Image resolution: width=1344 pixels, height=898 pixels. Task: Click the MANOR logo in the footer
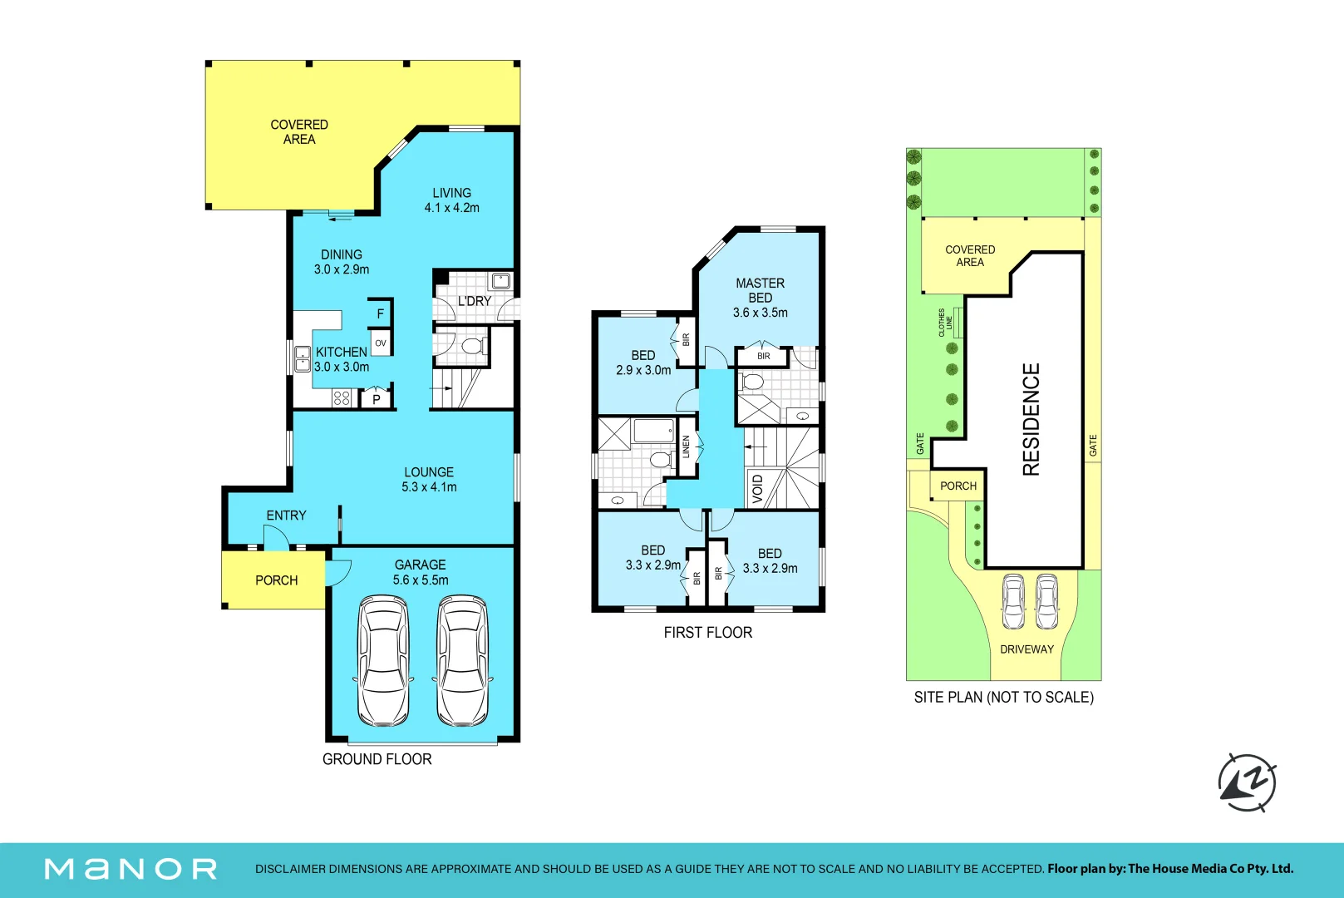tap(130, 869)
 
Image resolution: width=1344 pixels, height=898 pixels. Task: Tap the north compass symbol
tap(1247, 782)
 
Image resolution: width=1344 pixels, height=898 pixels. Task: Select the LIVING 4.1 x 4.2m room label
tap(452, 200)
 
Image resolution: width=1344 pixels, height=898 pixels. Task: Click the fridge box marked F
tap(381, 313)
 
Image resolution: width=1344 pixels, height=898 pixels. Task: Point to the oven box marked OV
tap(381, 343)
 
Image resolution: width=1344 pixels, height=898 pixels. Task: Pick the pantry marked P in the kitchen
tap(377, 398)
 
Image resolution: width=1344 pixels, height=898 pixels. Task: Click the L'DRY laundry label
tap(475, 301)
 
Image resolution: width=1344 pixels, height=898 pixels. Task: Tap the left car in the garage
tap(383, 660)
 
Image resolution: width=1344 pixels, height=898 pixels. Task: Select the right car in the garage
tap(463, 660)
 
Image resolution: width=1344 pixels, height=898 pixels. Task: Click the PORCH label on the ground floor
tap(277, 580)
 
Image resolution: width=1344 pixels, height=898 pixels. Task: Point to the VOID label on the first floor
tap(757, 489)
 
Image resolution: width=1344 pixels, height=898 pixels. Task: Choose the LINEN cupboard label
tap(686, 447)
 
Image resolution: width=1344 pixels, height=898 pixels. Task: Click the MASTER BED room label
tap(761, 298)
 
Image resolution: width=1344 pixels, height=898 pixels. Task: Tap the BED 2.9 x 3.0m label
tap(643, 363)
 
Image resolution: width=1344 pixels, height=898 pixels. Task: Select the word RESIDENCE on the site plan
tap(1031, 420)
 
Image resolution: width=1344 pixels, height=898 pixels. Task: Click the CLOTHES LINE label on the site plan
tap(945, 323)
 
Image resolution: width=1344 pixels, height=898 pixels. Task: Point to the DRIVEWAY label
tap(1026, 649)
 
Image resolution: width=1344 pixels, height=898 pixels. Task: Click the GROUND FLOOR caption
tap(377, 759)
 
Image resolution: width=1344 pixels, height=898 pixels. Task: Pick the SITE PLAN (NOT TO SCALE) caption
tap(1004, 698)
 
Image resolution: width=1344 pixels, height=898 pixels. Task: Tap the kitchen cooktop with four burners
tap(342, 398)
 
